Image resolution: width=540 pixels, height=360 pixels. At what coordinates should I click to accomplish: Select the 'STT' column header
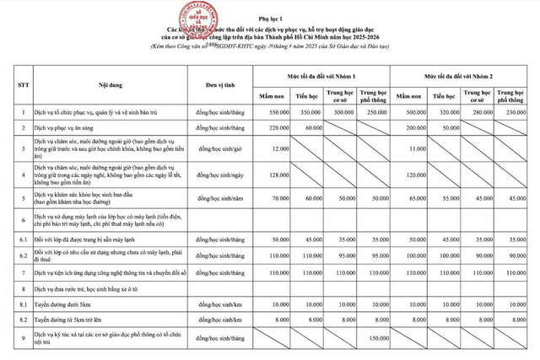click(x=23, y=87)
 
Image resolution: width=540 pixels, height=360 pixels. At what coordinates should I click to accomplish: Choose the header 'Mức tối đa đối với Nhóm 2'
click(x=465, y=77)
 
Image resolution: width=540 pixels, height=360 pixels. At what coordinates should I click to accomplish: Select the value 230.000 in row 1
click(x=516, y=111)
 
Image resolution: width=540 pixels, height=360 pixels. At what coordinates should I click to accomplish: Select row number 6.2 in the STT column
click(x=23, y=254)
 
